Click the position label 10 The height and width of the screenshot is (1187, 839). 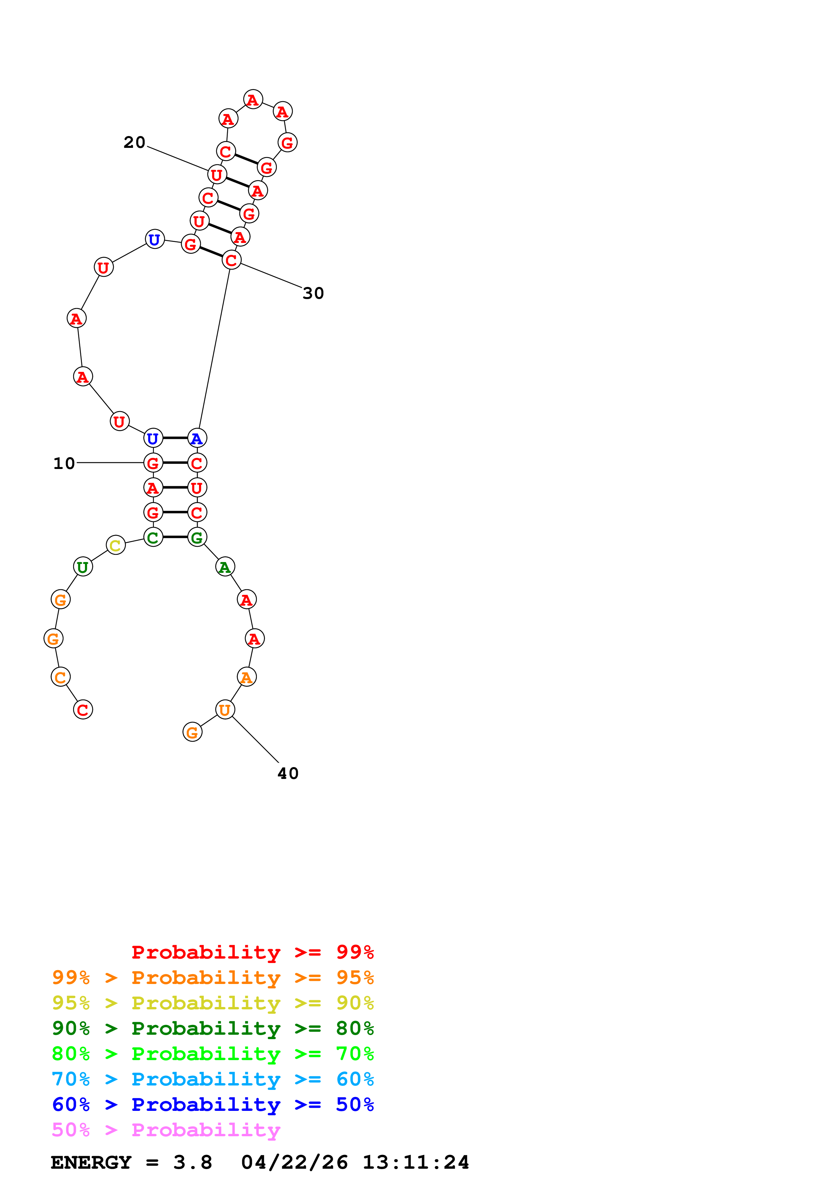click(64, 463)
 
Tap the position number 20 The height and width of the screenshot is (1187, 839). click(134, 142)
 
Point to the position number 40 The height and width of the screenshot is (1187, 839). click(288, 774)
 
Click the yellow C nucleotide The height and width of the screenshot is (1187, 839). click(116, 545)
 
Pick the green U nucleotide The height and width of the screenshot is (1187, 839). click(83, 567)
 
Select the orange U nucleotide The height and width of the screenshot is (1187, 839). click(225, 710)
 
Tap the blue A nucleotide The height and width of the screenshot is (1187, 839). click(197, 439)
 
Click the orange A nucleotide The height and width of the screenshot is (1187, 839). click(247, 677)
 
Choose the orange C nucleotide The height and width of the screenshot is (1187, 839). click(61, 677)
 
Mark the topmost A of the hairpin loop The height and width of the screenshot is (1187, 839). click(253, 99)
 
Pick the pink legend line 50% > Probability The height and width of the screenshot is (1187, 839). click(166, 1130)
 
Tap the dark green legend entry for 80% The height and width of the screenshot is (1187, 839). click(213, 1028)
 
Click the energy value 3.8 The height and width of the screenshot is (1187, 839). click(192, 1163)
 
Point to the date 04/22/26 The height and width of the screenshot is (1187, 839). click(294, 1163)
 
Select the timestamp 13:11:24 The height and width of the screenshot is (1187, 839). click(416, 1163)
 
